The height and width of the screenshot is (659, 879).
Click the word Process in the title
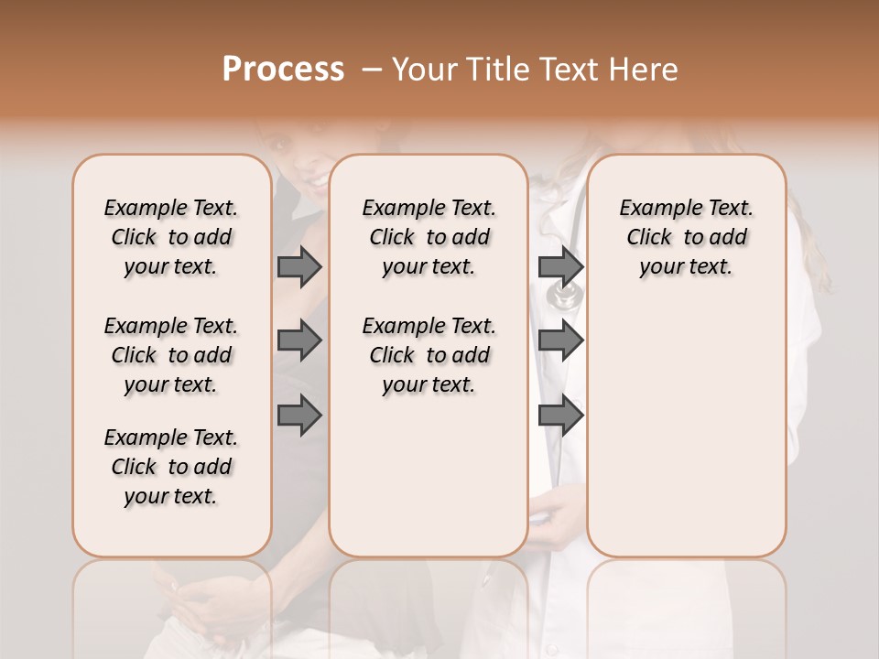click(x=283, y=69)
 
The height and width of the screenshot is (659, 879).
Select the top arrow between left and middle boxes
click(x=299, y=267)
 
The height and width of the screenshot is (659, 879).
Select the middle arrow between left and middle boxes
click(x=299, y=341)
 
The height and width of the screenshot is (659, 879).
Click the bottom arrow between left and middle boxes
click(x=299, y=416)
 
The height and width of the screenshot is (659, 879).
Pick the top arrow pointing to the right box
click(x=560, y=267)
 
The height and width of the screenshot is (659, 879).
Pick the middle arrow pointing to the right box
click(x=560, y=341)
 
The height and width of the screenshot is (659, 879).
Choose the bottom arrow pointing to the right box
click(x=560, y=416)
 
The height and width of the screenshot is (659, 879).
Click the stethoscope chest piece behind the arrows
click(x=564, y=295)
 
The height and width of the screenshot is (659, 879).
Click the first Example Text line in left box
click(x=171, y=208)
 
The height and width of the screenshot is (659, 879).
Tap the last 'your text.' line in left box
click(x=171, y=496)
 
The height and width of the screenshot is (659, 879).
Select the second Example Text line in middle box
click(x=429, y=326)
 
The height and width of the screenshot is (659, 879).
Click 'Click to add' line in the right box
click(x=687, y=237)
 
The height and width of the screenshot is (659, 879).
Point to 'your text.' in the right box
click(x=687, y=266)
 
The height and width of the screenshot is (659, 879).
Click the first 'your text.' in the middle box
click(x=429, y=266)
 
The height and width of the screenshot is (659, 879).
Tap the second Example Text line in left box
click(x=171, y=326)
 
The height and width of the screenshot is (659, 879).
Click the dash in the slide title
click(x=372, y=70)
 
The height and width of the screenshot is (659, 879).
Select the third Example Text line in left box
click(x=171, y=438)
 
